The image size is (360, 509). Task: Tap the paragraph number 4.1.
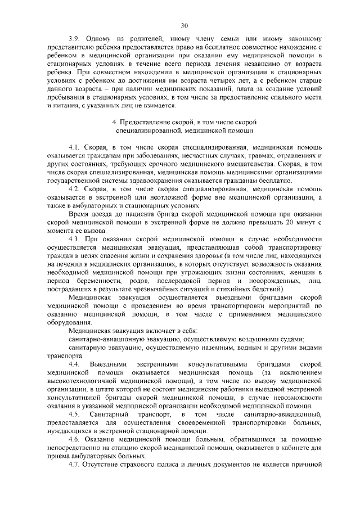click(75, 147)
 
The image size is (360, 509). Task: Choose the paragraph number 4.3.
click(75, 240)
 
